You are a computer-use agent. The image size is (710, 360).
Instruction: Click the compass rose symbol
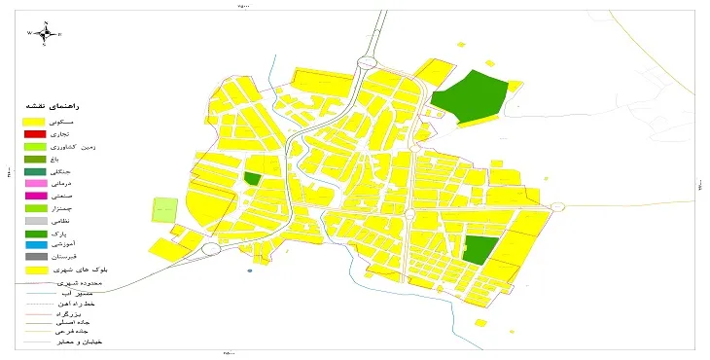tap(44, 32)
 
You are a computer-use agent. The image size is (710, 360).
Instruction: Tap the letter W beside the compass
tap(29, 33)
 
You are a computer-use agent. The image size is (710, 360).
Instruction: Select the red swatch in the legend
tap(35, 132)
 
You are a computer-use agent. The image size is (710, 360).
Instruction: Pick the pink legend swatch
tap(35, 183)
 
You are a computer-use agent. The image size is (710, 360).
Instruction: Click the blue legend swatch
tap(35, 245)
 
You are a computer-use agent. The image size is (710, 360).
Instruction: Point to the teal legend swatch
tap(35, 170)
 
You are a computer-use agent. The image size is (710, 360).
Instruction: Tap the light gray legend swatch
tap(35, 221)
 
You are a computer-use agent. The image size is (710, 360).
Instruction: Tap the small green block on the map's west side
tap(252, 179)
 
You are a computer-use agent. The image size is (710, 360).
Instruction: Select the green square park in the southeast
tap(479, 249)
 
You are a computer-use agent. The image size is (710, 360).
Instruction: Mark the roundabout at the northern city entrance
tap(366, 62)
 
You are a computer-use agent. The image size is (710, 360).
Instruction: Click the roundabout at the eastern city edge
tap(556, 206)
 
